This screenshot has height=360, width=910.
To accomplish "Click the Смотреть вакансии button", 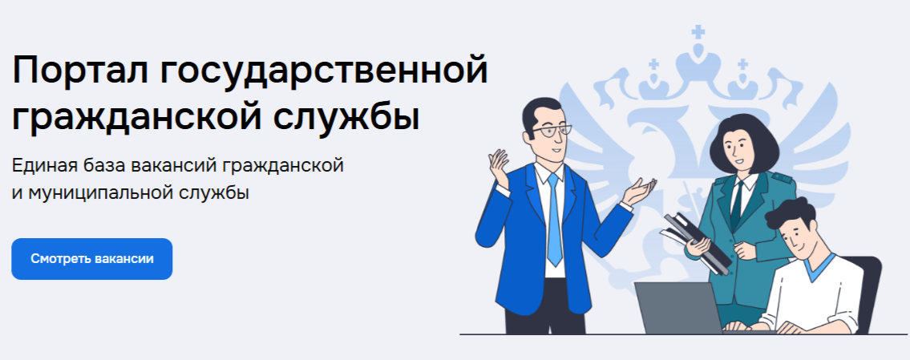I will tap(91, 259).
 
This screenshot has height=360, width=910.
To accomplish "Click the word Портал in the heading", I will tap(77, 74).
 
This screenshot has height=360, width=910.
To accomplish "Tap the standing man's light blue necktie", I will tap(553, 220).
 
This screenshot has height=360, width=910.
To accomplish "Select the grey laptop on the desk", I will tap(677, 308).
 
